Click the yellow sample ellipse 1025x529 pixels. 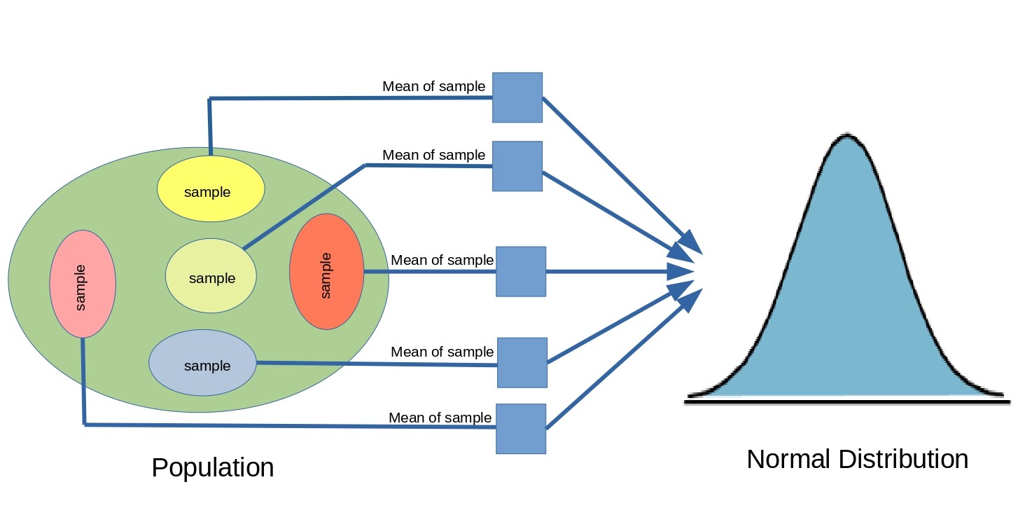pyautogui.click(x=211, y=188)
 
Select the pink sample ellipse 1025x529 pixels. pyautogui.click(x=83, y=284)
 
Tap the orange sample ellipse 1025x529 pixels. pyautogui.click(x=326, y=271)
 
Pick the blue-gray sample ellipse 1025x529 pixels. pyautogui.click(x=202, y=363)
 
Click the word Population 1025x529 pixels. pyautogui.click(x=212, y=467)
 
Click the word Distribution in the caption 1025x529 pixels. pyautogui.click(x=903, y=460)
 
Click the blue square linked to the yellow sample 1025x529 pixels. pyautogui.click(x=517, y=97)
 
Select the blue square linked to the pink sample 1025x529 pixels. pyautogui.click(x=521, y=428)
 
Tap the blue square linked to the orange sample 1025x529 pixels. pyautogui.click(x=521, y=271)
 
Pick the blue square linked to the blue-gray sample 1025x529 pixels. pyautogui.click(x=522, y=362)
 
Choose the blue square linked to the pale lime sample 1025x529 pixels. pyautogui.click(x=517, y=166)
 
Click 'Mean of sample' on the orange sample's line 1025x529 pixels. pyautogui.click(x=442, y=260)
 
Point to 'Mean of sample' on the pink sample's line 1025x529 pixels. pyautogui.click(x=440, y=418)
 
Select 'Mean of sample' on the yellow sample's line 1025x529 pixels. pyautogui.click(x=433, y=86)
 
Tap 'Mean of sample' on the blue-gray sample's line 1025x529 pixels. pyautogui.click(x=442, y=352)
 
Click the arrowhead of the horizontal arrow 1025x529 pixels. pyautogui.click(x=681, y=271)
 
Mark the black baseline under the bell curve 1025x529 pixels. pyautogui.click(x=847, y=401)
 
